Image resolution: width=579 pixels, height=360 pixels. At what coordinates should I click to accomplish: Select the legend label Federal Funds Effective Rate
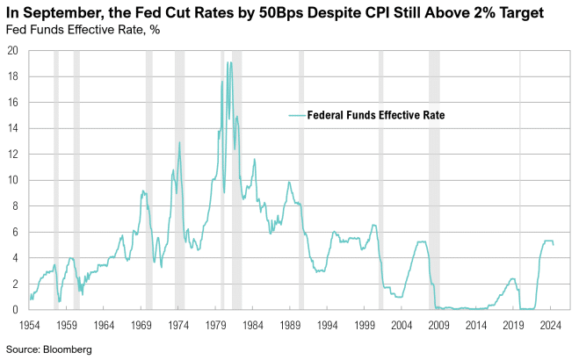[x=377, y=115]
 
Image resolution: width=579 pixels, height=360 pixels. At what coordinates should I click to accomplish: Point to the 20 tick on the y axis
[x=13, y=51]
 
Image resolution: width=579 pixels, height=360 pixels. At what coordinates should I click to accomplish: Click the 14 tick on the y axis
[x=13, y=128]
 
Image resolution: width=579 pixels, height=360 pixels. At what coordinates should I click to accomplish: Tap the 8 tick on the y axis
[x=16, y=206]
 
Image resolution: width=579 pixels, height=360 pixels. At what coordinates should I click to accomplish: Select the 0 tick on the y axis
[x=16, y=310]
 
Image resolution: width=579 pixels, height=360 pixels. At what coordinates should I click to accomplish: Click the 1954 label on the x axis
[x=29, y=325]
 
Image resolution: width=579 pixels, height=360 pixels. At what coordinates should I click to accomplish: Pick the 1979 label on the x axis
[x=214, y=325]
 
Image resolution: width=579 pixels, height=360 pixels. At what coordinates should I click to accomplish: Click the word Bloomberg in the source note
[x=69, y=349]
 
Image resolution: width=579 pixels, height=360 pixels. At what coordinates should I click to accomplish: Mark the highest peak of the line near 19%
[x=228, y=62]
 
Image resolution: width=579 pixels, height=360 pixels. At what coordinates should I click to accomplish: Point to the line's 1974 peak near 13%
[x=180, y=142]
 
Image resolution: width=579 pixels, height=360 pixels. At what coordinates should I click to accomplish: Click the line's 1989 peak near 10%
[x=288, y=182]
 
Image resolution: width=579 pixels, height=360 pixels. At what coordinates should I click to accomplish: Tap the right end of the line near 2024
[x=553, y=244]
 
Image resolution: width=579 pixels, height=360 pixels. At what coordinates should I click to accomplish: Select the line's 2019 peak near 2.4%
[x=512, y=279]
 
